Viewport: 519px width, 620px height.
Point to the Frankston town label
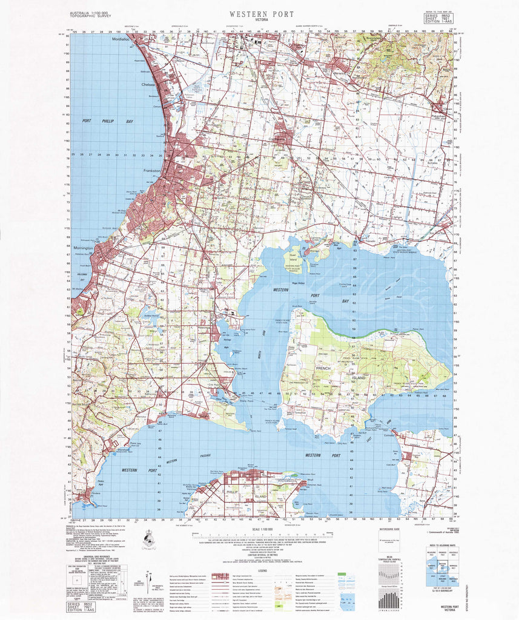(150, 171)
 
